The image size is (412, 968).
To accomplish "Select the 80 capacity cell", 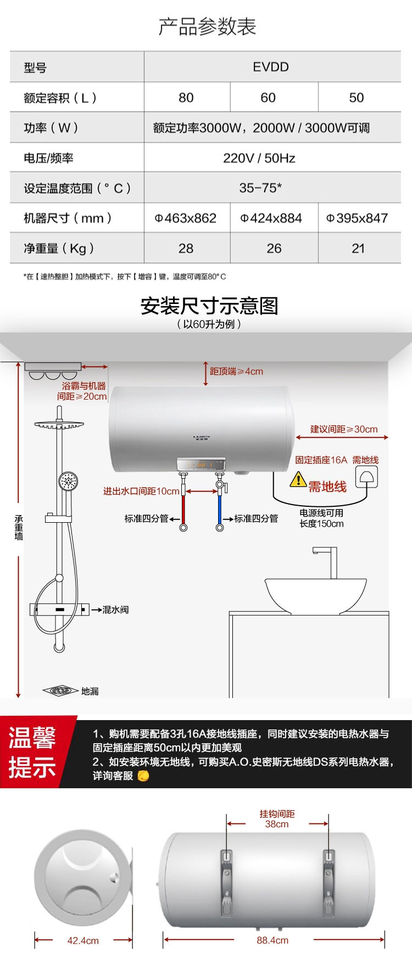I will click(x=186, y=98).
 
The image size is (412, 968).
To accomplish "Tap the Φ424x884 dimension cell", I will click(x=271, y=218).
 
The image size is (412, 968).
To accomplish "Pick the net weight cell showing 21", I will click(x=358, y=248).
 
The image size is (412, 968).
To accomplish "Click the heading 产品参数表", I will click(x=207, y=26).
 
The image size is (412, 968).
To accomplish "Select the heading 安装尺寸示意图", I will click(x=209, y=306).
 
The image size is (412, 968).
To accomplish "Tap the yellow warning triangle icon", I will click(x=298, y=479).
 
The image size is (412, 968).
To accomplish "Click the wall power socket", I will click(x=367, y=477).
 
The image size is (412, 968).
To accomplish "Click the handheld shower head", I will click(x=68, y=482).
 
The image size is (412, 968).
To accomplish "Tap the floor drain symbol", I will click(x=60, y=690).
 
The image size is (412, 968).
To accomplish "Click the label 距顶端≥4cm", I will click(x=236, y=372).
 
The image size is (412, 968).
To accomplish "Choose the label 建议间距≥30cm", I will click(x=344, y=429).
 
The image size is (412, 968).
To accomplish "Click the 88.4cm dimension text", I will click(x=272, y=940).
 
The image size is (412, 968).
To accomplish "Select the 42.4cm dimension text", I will click(x=83, y=941).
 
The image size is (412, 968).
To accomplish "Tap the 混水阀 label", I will click(x=115, y=610).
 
